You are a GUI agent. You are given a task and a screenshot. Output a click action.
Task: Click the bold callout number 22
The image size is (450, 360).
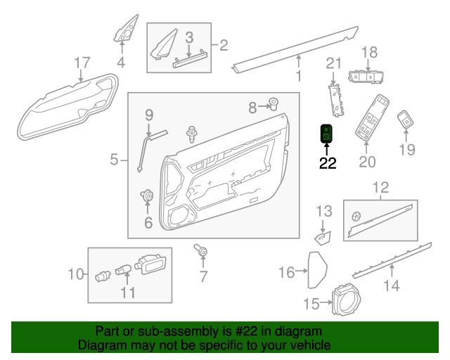pos(328,165)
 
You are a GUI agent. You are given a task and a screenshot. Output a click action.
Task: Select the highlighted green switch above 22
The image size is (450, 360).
pos(328,131)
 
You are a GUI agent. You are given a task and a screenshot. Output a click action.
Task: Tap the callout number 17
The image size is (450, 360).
pos(82,63)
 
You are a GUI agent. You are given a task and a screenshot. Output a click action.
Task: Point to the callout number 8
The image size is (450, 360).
pos(253,108)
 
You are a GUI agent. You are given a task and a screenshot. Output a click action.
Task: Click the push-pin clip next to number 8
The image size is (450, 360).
pos(274,105)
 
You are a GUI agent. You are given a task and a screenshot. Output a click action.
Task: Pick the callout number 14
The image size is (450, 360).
pos(391,285)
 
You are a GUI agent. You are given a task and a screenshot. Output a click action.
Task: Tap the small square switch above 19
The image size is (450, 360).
pos(406,120)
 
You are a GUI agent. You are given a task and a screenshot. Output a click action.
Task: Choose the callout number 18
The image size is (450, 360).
pos(369,52)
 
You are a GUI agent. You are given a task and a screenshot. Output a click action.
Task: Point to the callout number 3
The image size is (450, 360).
pos(189,37)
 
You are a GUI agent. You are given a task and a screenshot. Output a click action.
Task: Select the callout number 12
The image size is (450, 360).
pos(380,188)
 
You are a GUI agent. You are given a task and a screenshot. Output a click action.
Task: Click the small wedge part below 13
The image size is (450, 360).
pos(323,236)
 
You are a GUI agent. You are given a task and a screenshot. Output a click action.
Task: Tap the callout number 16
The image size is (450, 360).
pos(287,272)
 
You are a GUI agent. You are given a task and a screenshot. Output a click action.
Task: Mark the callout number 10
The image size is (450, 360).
pos(76,274)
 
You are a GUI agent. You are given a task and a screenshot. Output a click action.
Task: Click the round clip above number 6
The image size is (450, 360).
pos(148,196)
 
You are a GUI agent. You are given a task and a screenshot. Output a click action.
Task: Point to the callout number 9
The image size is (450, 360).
pos(149,115)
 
